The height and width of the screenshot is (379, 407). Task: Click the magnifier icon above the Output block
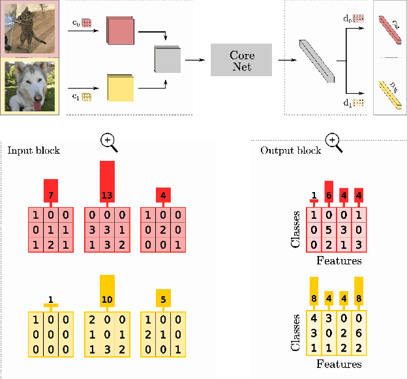333,141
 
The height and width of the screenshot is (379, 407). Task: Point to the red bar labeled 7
51,190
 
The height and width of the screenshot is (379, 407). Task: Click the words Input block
33,150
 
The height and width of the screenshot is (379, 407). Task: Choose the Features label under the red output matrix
339,261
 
